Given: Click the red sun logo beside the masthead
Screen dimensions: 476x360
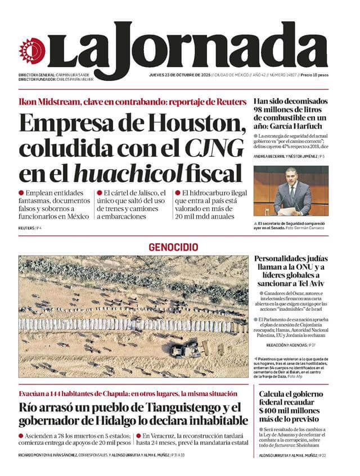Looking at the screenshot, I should click(x=31, y=51).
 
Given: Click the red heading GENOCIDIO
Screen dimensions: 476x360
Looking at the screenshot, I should click(x=173, y=247).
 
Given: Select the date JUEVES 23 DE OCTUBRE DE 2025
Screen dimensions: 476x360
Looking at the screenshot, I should click(x=180, y=75).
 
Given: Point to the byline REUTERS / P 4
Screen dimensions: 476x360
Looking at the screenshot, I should click(x=30, y=228).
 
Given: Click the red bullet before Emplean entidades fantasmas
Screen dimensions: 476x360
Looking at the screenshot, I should click(x=21, y=193).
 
